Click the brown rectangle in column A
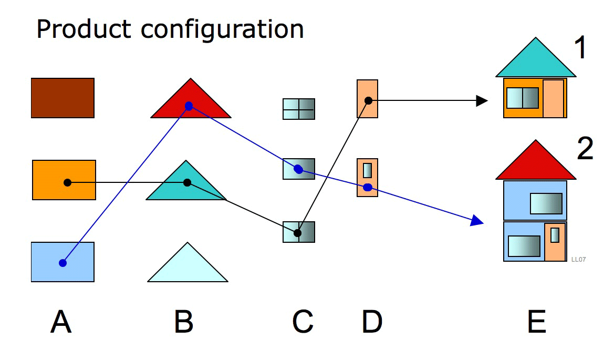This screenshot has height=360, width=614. (x=63, y=98)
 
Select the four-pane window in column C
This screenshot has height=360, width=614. (x=299, y=109)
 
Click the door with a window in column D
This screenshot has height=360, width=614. (x=367, y=178)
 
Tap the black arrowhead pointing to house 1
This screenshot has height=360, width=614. (x=482, y=100)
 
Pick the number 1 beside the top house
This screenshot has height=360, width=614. (x=580, y=49)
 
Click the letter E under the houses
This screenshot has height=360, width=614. (x=536, y=322)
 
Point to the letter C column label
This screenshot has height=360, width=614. (x=303, y=322)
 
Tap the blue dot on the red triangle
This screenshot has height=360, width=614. (x=189, y=106)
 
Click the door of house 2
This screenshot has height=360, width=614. (x=555, y=242)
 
